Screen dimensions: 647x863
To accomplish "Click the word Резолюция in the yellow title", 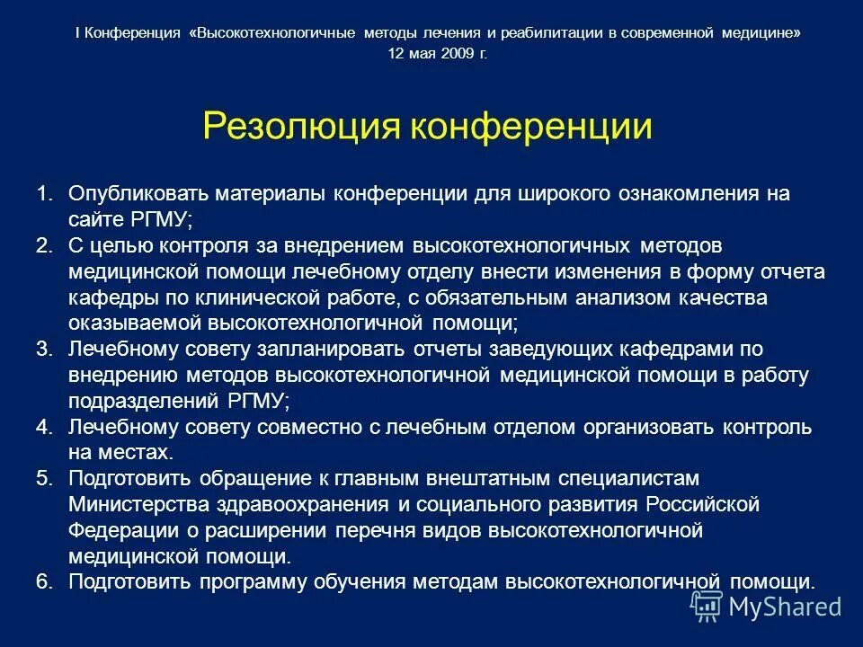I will pos(302,127).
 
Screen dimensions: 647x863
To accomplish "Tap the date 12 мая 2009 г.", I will pos(437,53).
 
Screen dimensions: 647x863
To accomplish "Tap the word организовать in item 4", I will pos(669,427).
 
